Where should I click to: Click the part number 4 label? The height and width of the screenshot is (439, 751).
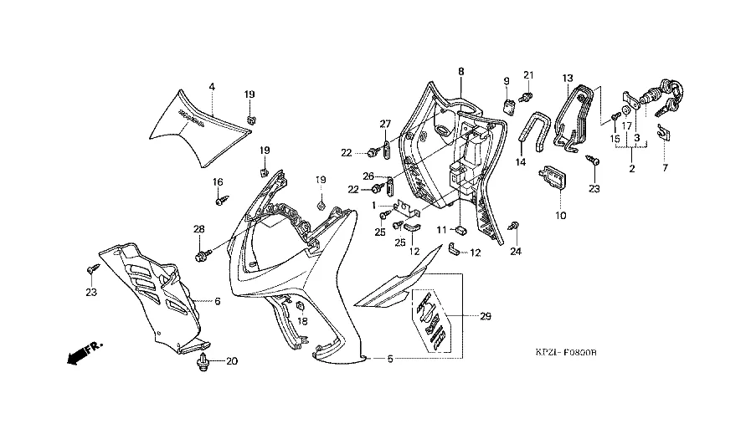pos(212,86)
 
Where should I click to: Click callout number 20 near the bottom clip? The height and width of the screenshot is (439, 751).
pos(232,361)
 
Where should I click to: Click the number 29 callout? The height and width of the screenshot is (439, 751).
pos(485,316)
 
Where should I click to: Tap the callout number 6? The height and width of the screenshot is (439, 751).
pos(217,301)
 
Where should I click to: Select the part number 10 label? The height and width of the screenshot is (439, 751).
pos(560,215)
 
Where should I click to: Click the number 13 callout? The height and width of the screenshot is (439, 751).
pos(566,79)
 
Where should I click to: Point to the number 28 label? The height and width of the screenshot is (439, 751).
pos(199,229)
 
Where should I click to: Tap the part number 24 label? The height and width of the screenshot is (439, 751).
pos(516,252)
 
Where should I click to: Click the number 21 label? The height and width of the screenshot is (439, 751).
pos(528,74)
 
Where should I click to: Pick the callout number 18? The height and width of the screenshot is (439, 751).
pos(302,321)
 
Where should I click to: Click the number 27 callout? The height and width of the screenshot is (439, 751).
pos(385,125)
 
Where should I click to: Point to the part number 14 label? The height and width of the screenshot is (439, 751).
pos(521,162)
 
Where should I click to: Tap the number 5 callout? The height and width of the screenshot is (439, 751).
pos(389,360)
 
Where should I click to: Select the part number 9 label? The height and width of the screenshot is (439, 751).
pos(507,81)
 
